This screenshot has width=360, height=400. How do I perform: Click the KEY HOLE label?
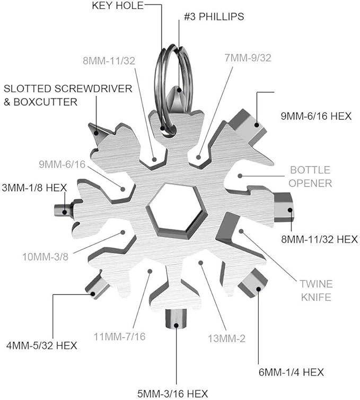pyautogui.click(x=118, y=6)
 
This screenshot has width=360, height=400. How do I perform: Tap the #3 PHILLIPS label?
pyautogui.click(x=214, y=16)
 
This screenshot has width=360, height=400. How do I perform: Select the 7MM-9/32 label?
pyautogui.click(x=248, y=58)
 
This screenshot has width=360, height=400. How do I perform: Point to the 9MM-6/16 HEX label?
pyautogui.click(x=316, y=115)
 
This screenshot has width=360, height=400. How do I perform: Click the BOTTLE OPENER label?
pyautogui.click(x=310, y=177)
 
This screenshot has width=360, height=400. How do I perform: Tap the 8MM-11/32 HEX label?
pyautogui.click(x=319, y=239)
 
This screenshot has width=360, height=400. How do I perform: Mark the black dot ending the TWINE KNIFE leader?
pyautogui.click(x=242, y=231)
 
